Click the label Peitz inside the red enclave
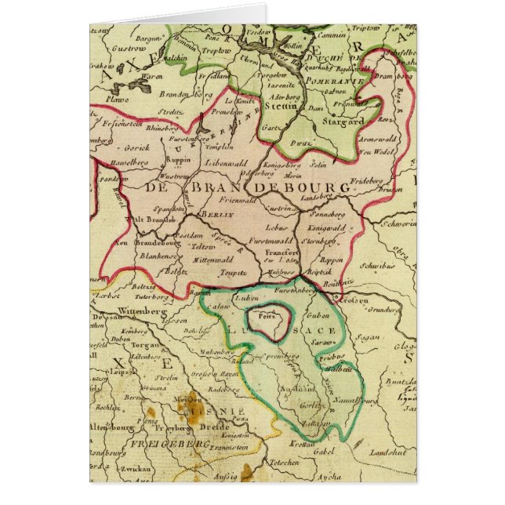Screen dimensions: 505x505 pos(257,319)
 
